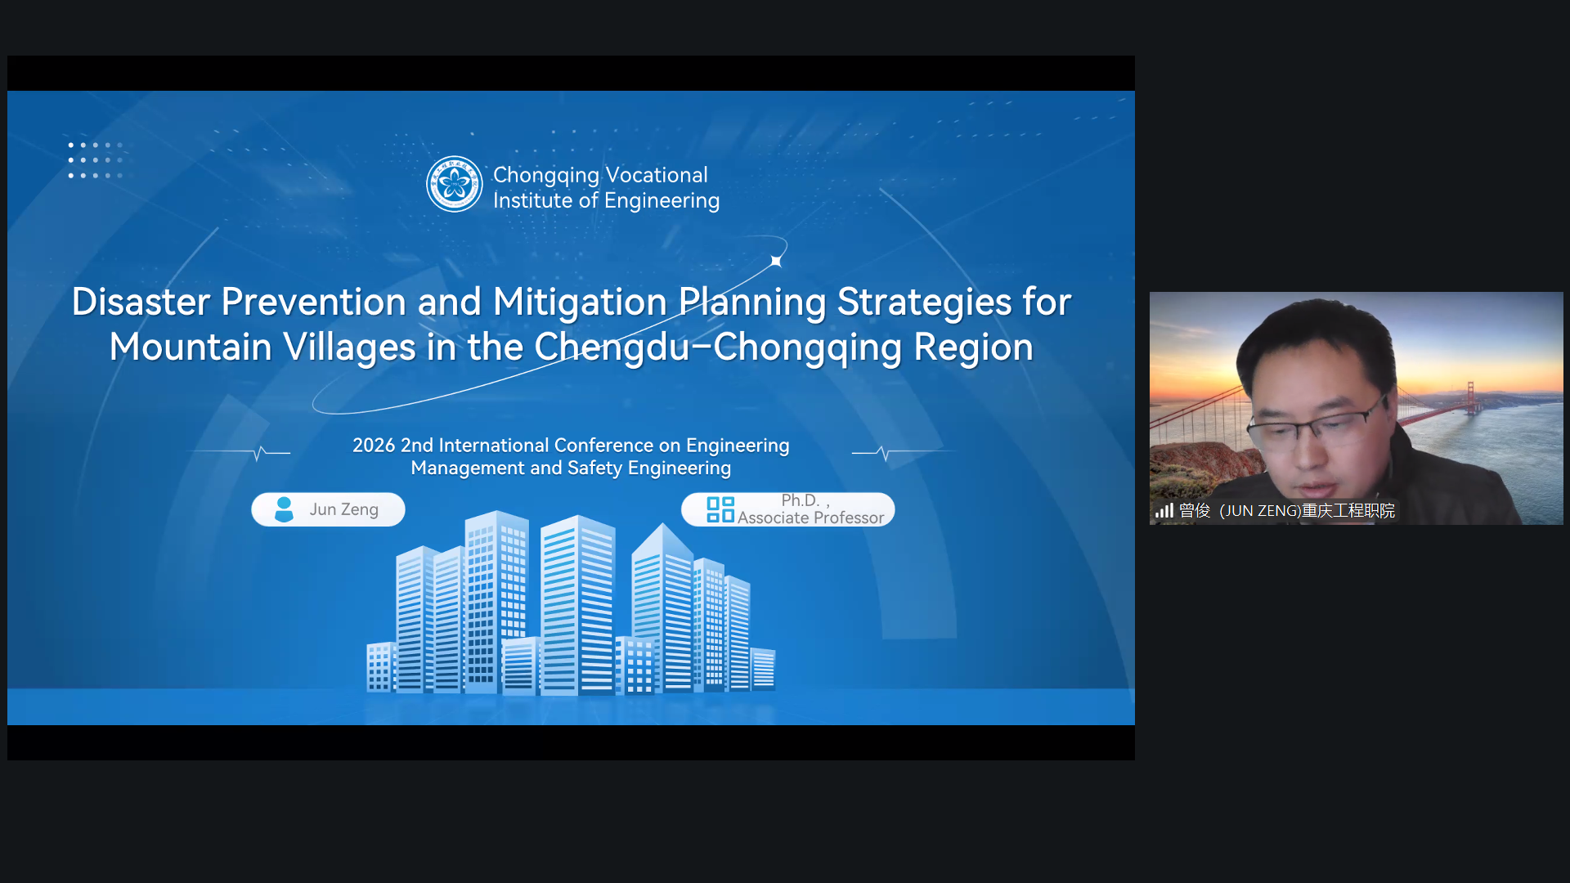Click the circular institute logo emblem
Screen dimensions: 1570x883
click(x=455, y=184)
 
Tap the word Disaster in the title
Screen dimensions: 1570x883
click(x=141, y=302)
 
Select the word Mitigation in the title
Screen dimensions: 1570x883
click(x=580, y=303)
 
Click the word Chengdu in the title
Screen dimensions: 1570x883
click(x=612, y=347)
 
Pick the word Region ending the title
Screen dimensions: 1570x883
click(x=973, y=348)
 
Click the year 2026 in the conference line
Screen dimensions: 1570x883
click(x=374, y=446)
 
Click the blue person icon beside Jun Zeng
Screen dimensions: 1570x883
click(x=284, y=509)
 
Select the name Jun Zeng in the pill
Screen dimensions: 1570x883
click(x=343, y=509)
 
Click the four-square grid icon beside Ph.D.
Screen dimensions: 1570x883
click(x=720, y=509)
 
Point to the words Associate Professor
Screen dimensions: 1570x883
click(x=810, y=518)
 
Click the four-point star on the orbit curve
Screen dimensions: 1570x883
click(x=776, y=261)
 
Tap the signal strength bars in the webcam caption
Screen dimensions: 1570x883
click(x=1164, y=511)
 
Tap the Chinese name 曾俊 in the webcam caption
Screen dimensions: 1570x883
click(x=1195, y=511)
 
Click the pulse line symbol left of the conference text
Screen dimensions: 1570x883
click(x=259, y=452)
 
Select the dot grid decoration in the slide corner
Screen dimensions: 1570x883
click(x=96, y=160)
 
